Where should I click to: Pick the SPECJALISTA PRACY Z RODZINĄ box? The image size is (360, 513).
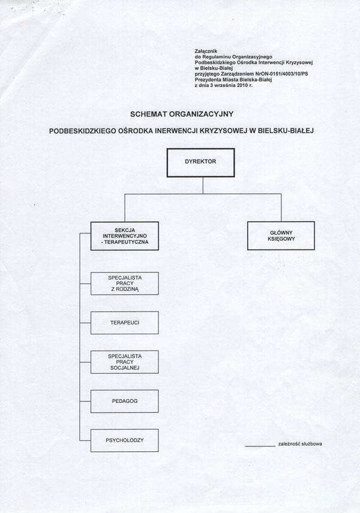click(x=124, y=283)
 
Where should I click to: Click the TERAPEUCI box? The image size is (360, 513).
click(x=124, y=323)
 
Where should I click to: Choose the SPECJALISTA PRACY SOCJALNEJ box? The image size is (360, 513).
click(x=124, y=362)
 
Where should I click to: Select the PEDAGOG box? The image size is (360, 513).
click(x=124, y=402)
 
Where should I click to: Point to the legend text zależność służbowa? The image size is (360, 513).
click(x=300, y=445)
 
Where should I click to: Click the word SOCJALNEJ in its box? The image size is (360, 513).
click(x=124, y=368)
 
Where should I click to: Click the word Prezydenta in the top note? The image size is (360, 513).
click(x=208, y=80)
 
